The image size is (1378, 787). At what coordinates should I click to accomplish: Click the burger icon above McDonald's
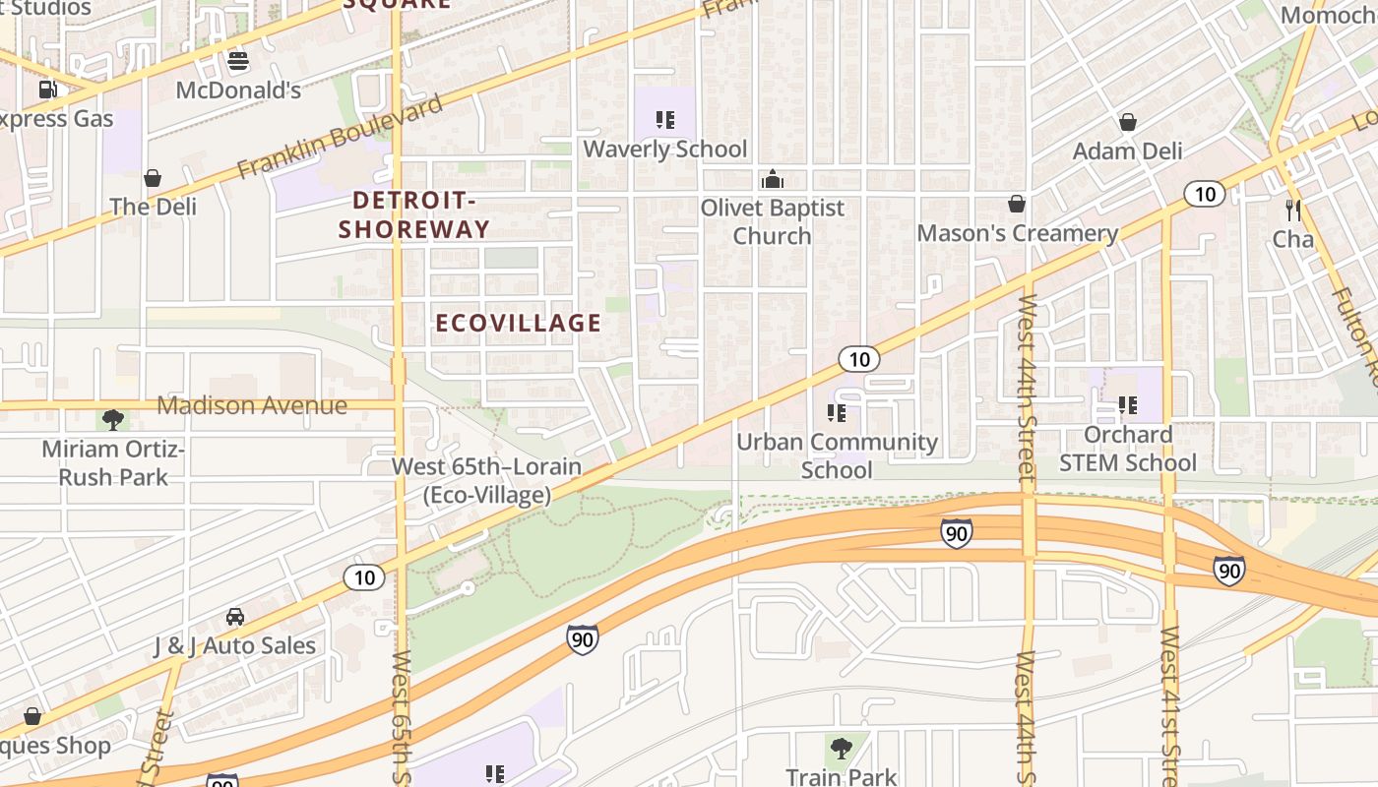pyautogui.click(x=238, y=61)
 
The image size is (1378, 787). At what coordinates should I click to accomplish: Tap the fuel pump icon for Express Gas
pyautogui.click(x=47, y=90)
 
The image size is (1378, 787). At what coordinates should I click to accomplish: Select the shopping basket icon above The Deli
pyautogui.click(x=153, y=178)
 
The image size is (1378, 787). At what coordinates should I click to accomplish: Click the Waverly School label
pyautogui.click(x=665, y=150)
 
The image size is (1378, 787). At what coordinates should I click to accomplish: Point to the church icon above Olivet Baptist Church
pyautogui.click(x=773, y=179)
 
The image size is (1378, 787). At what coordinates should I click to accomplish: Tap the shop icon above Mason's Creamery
pyautogui.click(x=1017, y=204)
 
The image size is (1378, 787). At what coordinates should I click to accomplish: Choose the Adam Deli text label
pyautogui.click(x=1127, y=151)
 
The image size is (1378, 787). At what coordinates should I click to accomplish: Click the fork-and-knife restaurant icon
pyautogui.click(x=1293, y=210)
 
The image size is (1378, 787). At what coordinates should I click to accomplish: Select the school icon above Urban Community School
pyautogui.click(x=837, y=412)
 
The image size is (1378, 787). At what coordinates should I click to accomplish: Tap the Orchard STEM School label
pyautogui.click(x=1128, y=449)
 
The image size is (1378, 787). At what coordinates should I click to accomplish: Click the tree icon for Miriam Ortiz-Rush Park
pyautogui.click(x=113, y=420)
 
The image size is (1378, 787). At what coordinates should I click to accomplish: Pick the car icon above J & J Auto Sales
pyautogui.click(x=234, y=617)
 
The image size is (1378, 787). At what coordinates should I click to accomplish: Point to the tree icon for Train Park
pyautogui.click(x=842, y=749)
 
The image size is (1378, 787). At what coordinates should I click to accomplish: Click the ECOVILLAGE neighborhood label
pyautogui.click(x=518, y=323)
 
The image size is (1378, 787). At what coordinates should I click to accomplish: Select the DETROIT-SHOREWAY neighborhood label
pyautogui.click(x=414, y=214)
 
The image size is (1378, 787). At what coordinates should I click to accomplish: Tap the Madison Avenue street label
pyautogui.click(x=252, y=405)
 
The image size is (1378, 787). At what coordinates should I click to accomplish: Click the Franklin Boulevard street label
pyautogui.click(x=341, y=139)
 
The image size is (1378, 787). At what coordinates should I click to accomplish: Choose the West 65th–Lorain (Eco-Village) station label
pyautogui.click(x=487, y=480)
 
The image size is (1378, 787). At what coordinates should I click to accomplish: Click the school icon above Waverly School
pyautogui.click(x=665, y=120)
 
